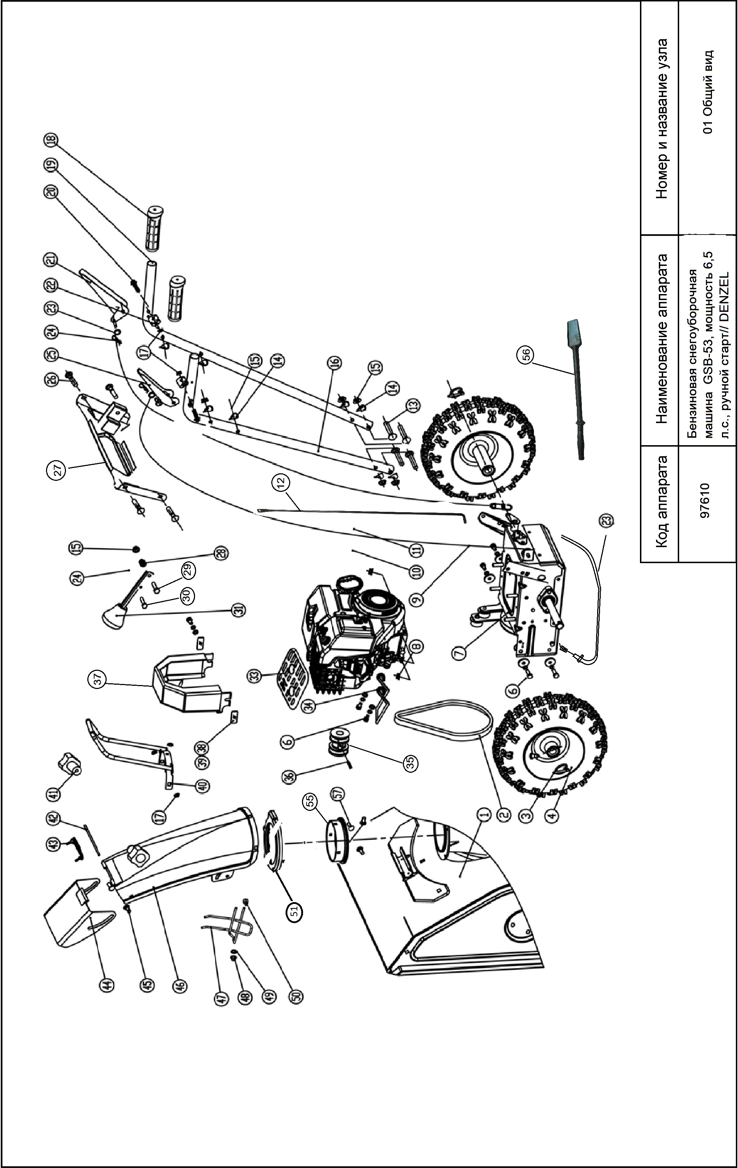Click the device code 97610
coord(706,500)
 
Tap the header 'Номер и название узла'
coord(661,119)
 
